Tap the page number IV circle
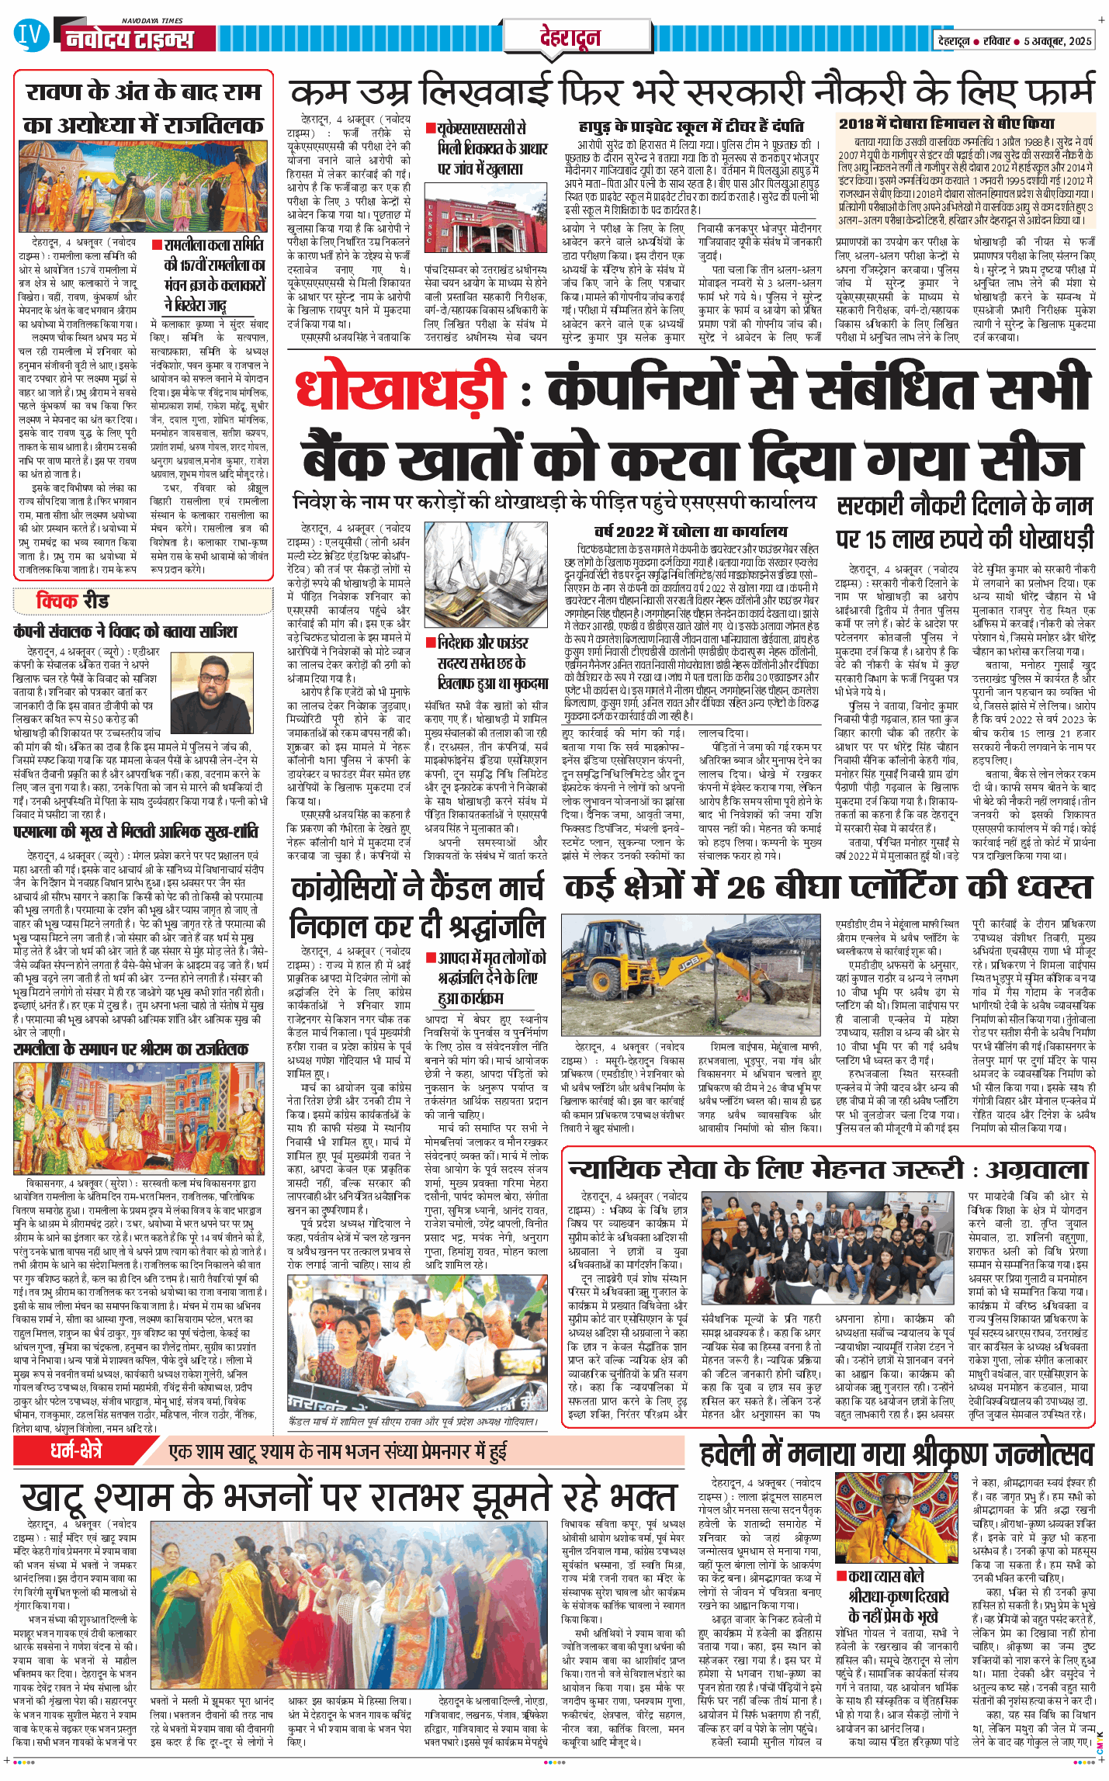[29, 34]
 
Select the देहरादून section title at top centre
[570, 36]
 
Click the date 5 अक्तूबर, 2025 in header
[1058, 41]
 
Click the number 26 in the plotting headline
[747, 887]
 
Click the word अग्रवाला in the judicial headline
[1037, 1169]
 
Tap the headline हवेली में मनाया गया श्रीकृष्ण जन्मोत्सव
[896, 1454]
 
